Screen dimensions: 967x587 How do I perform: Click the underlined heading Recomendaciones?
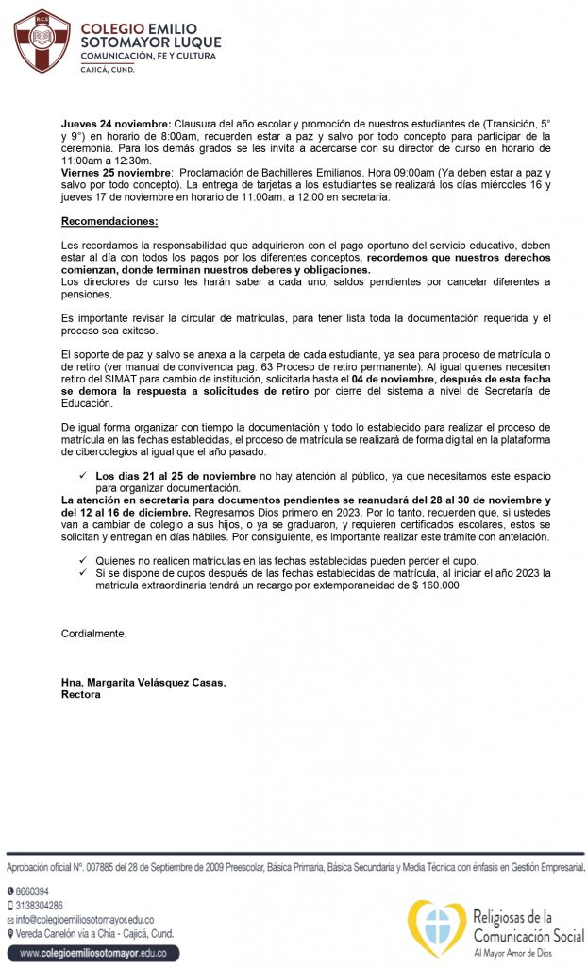pyautogui.click(x=109, y=221)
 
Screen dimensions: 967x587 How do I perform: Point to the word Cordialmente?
pyautogui.click(x=93, y=632)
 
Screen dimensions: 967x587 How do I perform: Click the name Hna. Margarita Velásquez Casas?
pyautogui.click(x=143, y=683)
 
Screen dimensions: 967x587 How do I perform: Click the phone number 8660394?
pyautogui.click(x=32, y=891)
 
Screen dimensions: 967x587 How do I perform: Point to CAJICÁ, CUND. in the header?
pyautogui.click(x=107, y=70)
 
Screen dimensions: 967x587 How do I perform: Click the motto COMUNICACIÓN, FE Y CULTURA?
pyautogui.click(x=147, y=56)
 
